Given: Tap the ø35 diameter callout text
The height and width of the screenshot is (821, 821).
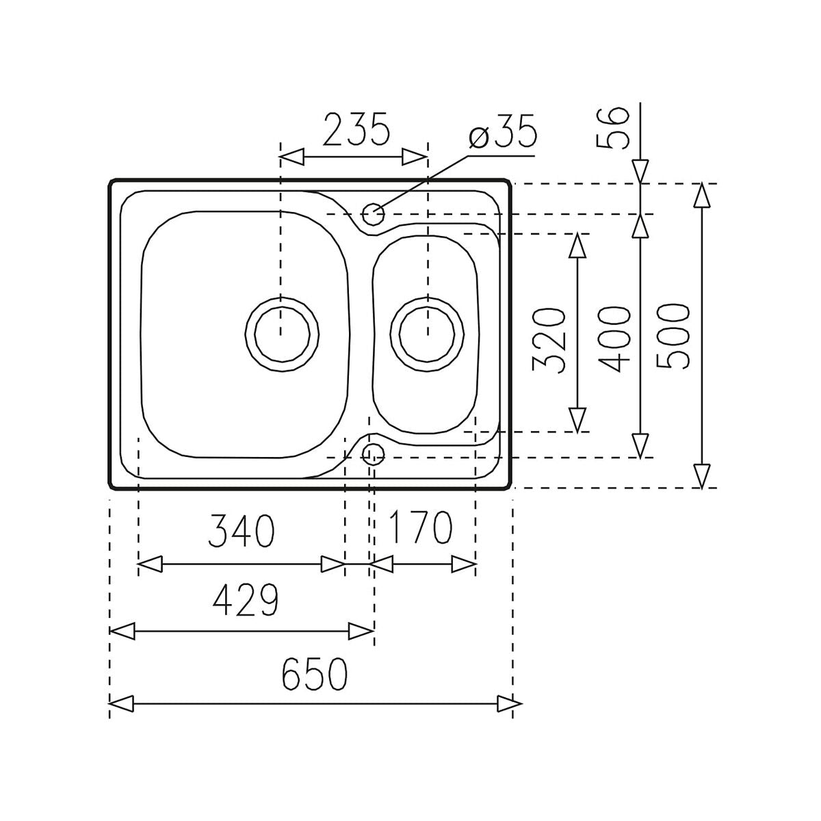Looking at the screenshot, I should [504, 134].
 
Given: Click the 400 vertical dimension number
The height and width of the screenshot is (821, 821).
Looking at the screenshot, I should [614, 339].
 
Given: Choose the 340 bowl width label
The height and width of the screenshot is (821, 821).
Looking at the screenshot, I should [242, 531].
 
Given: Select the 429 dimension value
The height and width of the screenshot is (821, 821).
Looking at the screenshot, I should [246, 601].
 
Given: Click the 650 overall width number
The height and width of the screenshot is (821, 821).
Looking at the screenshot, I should [315, 674].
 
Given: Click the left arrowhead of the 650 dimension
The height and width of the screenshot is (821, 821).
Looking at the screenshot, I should [121, 703].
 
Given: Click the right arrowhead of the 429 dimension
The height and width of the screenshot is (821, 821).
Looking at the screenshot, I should [361, 631].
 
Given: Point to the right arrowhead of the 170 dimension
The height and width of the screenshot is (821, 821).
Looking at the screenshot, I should [463, 565].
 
